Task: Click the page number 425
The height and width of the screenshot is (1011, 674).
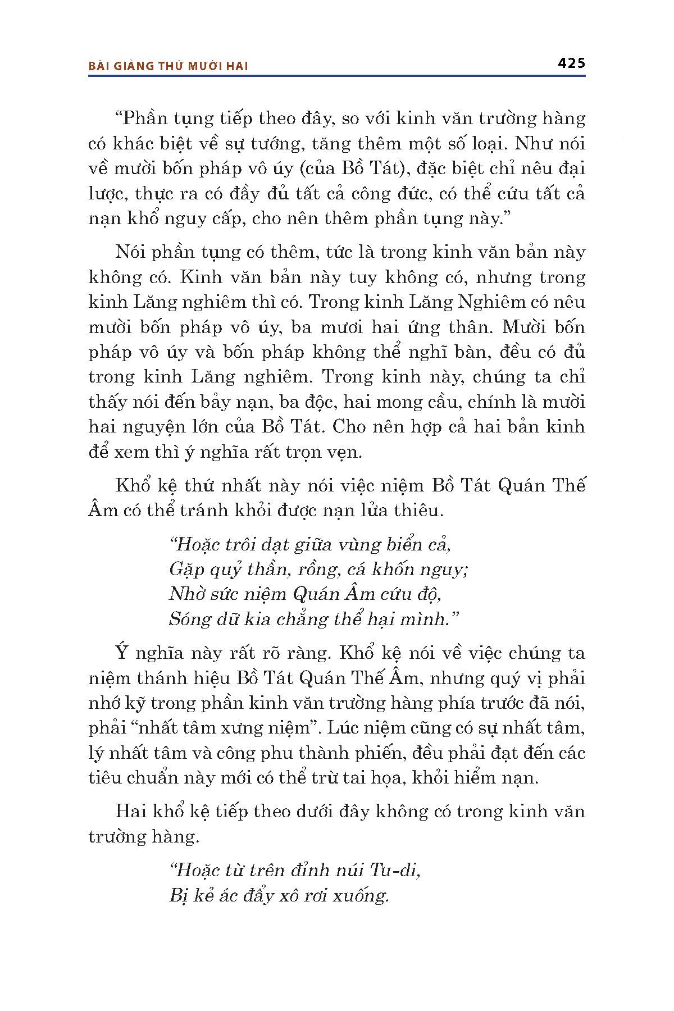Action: [571, 63]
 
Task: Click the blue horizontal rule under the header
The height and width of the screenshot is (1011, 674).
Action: [337, 76]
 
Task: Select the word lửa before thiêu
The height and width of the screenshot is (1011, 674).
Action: [368, 511]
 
